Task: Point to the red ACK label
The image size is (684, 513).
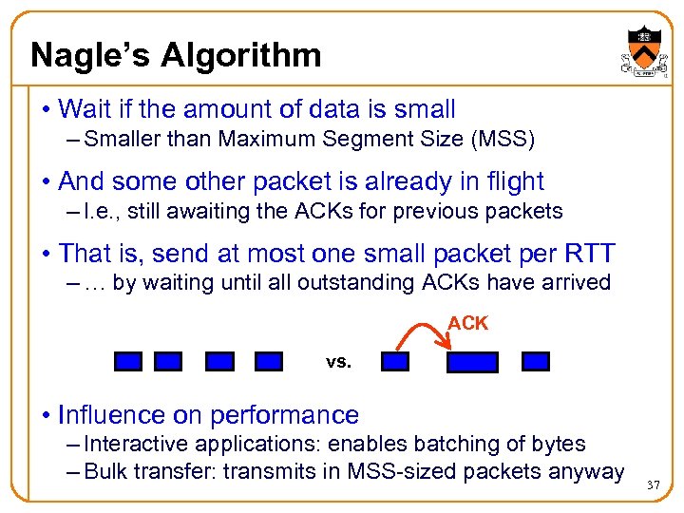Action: click(x=467, y=323)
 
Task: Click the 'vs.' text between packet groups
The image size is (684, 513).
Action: click(x=338, y=362)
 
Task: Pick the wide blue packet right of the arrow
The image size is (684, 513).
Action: click(x=472, y=362)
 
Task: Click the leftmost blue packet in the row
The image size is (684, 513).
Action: click(x=127, y=361)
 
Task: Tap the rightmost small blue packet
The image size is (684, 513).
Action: click(x=536, y=361)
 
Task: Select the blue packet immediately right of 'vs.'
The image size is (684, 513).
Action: click(x=394, y=361)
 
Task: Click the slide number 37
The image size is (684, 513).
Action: click(x=652, y=485)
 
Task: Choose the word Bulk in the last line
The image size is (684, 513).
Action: click(x=104, y=471)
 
